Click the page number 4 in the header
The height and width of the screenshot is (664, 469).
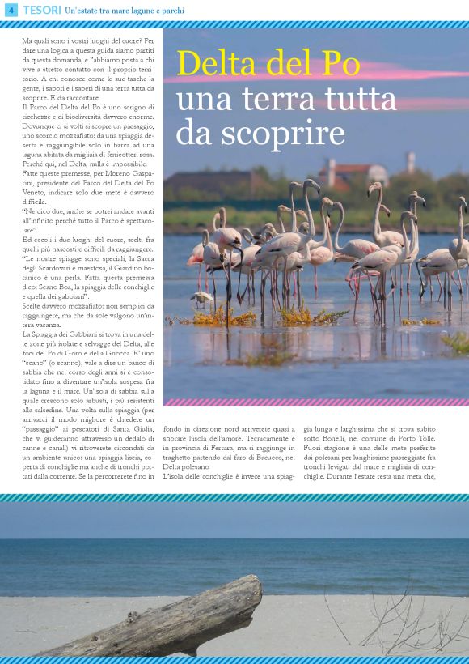click(x=11, y=11)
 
